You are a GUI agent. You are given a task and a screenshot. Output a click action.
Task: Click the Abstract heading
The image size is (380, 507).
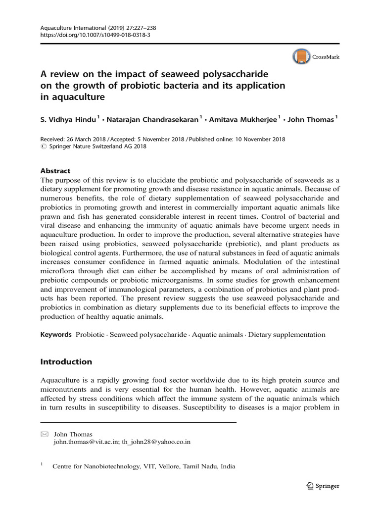pos(55,170)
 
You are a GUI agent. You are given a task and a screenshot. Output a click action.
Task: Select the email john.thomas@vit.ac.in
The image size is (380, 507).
pos(87,442)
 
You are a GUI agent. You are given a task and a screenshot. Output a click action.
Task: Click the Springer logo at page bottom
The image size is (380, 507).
pos(322,486)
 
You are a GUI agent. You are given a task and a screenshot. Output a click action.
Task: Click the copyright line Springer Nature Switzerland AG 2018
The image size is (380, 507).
pos(97,146)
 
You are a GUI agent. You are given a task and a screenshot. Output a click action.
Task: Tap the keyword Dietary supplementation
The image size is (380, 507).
pos(287,335)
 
